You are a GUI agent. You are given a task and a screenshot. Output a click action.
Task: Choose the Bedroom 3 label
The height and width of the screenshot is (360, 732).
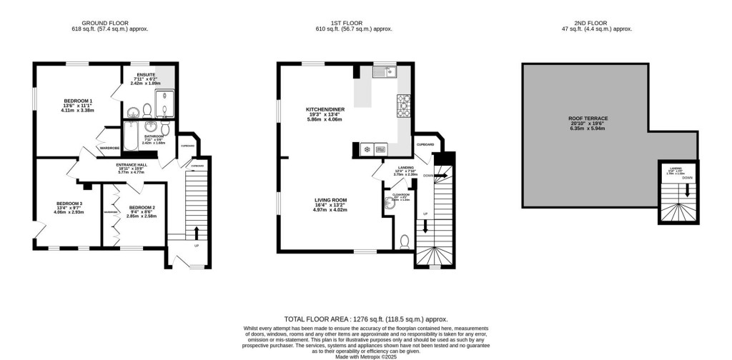(69, 207)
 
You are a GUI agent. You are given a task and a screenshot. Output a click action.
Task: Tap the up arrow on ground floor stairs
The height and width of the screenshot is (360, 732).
(197, 231)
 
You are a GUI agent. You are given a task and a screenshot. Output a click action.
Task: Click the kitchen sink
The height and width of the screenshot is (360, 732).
(385, 71)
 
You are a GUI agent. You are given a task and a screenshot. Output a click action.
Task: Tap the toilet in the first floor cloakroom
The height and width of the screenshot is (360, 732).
(405, 241)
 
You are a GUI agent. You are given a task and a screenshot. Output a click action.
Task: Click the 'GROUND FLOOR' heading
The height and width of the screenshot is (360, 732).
(106, 22)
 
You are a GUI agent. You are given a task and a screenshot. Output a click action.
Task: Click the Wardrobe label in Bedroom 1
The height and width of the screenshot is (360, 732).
(109, 149)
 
